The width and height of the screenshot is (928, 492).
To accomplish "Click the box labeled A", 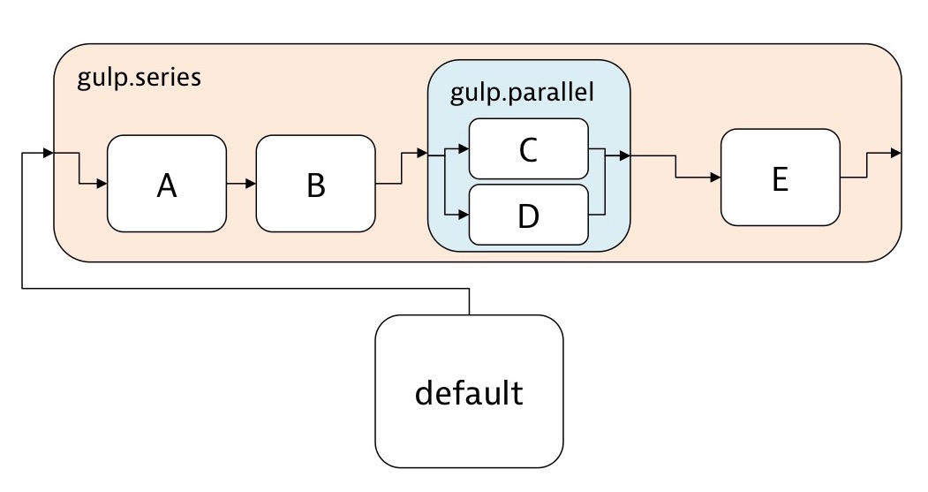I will pyautogui.click(x=166, y=184).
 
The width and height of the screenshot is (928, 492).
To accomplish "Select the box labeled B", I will pyautogui.click(x=315, y=184).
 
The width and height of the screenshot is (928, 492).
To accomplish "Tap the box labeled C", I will pyautogui.click(x=529, y=149).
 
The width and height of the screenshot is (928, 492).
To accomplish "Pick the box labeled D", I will pyautogui.click(x=529, y=214).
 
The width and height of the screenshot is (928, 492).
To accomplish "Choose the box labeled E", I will pyautogui.click(x=780, y=178).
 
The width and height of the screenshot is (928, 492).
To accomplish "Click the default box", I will pyautogui.click(x=469, y=391).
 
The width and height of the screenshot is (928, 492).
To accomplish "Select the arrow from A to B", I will pyautogui.click(x=241, y=184).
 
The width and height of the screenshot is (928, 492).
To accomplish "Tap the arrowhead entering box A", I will pyautogui.click(x=102, y=184).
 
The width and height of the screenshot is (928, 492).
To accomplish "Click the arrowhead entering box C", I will pyautogui.click(x=464, y=149).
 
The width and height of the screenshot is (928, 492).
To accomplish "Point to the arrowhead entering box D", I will pyautogui.click(x=464, y=214).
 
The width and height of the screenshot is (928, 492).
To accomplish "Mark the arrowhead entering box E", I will pyautogui.click(x=715, y=178).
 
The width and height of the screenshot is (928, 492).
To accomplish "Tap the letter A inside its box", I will pyautogui.click(x=166, y=185).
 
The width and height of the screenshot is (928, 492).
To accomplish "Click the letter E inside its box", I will pyautogui.click(x=780, y=179).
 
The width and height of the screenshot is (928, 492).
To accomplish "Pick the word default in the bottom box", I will pyautogui.click(x=469, y=392).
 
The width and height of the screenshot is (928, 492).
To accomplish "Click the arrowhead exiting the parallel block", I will pyautogui.click(x=624, y=156).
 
